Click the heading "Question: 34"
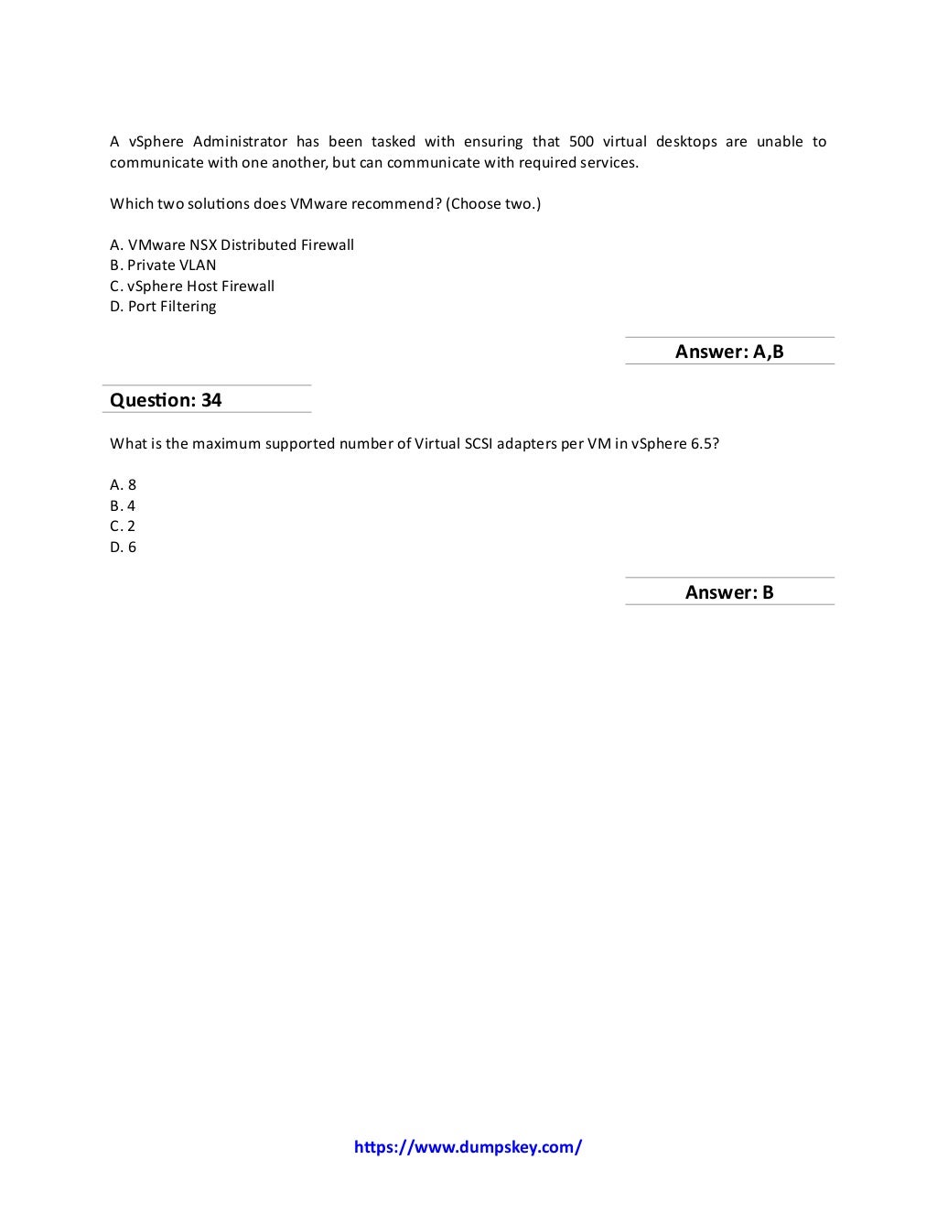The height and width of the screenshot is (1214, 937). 166,400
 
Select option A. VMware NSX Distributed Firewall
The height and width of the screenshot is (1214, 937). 232,244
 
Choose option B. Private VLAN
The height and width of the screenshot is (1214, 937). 163,266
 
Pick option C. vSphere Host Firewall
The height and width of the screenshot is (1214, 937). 192,286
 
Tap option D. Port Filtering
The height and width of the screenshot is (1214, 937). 163,307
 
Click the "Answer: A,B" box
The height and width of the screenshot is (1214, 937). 729,352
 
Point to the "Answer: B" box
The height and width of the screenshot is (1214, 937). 729,592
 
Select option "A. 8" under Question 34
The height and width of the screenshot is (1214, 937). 123,485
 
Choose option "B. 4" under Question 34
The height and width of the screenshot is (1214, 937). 123,505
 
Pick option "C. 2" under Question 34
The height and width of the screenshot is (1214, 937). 123,526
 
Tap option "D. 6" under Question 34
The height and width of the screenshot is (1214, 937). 123,547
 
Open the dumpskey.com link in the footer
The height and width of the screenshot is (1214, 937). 468,1147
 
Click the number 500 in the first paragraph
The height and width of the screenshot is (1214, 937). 581,142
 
